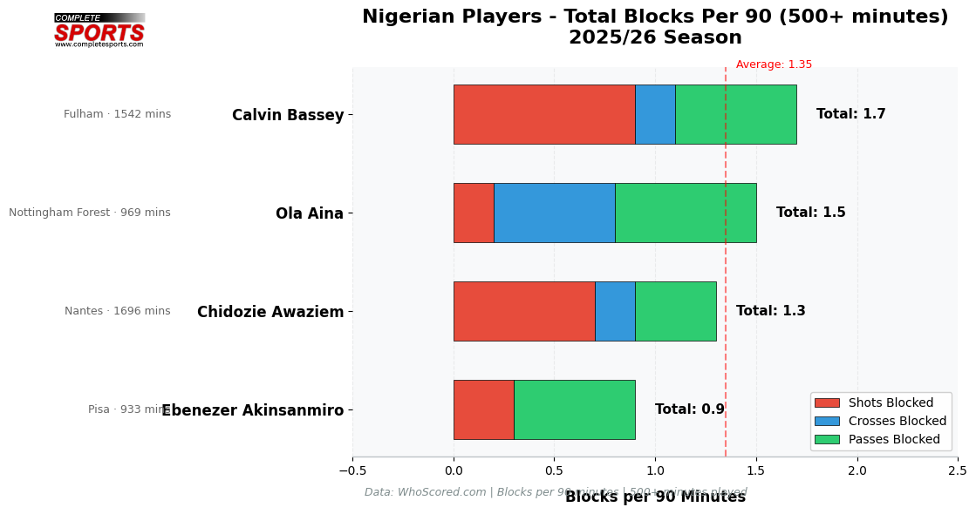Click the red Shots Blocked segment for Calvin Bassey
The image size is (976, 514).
[544, 114]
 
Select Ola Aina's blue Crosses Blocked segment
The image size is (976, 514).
[554, 213]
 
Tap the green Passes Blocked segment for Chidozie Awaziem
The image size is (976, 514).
[675, 311]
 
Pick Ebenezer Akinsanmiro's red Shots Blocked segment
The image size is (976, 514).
[483, 409]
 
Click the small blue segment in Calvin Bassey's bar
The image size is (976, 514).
[655, 114]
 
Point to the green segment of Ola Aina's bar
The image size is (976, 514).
[686, 213]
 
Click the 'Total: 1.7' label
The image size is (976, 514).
[850, 114]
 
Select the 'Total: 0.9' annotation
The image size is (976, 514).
[689, 409]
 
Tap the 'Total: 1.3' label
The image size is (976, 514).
[770, 311]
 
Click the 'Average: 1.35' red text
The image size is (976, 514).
[774, 64]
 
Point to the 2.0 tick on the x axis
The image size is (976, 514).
[857, 470]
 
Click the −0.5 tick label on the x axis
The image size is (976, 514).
[352, 470]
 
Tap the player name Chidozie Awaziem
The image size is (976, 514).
[270, 312]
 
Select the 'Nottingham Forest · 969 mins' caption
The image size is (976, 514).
[90, 213]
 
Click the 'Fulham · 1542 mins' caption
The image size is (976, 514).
[118, 114]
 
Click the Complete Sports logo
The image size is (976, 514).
[99, 30]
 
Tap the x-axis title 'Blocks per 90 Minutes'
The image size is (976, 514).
[655, 497]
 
